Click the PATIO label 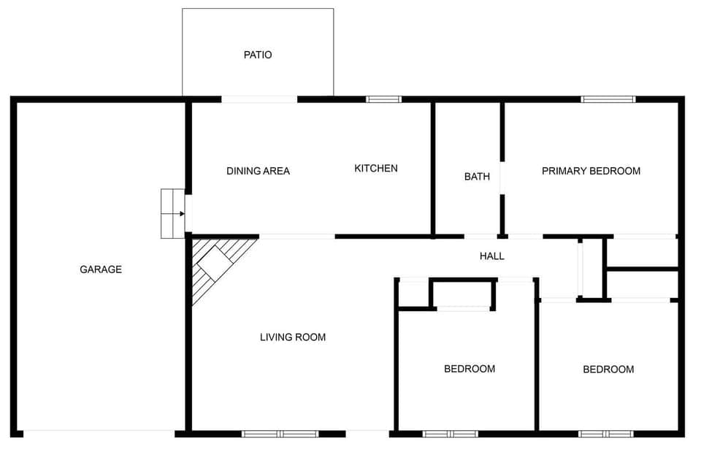(258, 55)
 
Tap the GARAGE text (101, 269)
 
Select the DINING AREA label (258, 171)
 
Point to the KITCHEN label (376, 169)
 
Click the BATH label (477, 177)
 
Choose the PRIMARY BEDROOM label (591, 171)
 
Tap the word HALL (491, 256)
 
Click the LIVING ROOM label (293, 337)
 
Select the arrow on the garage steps (181, 214)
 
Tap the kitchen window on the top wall (383, 99)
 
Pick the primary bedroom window (608, 99)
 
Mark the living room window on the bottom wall (280, 434)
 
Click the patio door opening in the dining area (259, 99)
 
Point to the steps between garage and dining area (172, 213)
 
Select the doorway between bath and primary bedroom (502, 177)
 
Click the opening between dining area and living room (297, 237)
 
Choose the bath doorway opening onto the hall (480, 237)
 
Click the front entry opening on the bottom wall (367, 434)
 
